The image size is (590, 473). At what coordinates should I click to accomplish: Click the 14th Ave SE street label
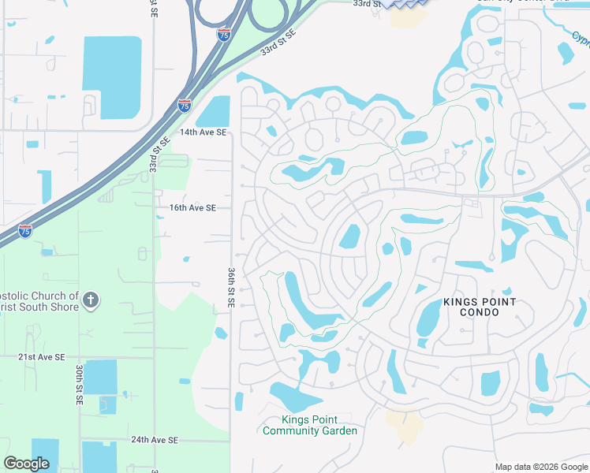click(203, 132)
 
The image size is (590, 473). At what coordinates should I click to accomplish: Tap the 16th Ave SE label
click(192, 208)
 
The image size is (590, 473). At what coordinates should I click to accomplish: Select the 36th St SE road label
click(232, 287)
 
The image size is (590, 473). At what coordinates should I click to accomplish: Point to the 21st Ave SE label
click(41, 357)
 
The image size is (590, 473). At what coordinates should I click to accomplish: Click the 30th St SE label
click(80, 385)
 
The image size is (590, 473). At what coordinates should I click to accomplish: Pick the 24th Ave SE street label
click(155, 440)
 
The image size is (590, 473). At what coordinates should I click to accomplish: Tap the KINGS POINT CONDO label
click(480, 307)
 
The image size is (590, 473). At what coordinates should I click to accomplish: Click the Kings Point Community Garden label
click(310, 426)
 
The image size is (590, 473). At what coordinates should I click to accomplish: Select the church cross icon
click(91, 300)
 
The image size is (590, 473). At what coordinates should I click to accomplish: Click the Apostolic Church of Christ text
click(39, 301)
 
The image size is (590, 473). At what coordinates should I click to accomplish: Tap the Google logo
click(27, 464)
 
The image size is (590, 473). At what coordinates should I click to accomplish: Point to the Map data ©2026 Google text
click(540, 467)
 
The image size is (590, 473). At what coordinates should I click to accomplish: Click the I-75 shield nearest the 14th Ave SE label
click(184, 104)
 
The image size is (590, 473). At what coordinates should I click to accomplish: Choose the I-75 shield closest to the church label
click(26, 231)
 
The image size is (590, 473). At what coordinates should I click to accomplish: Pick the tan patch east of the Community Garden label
click(406, 427)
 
